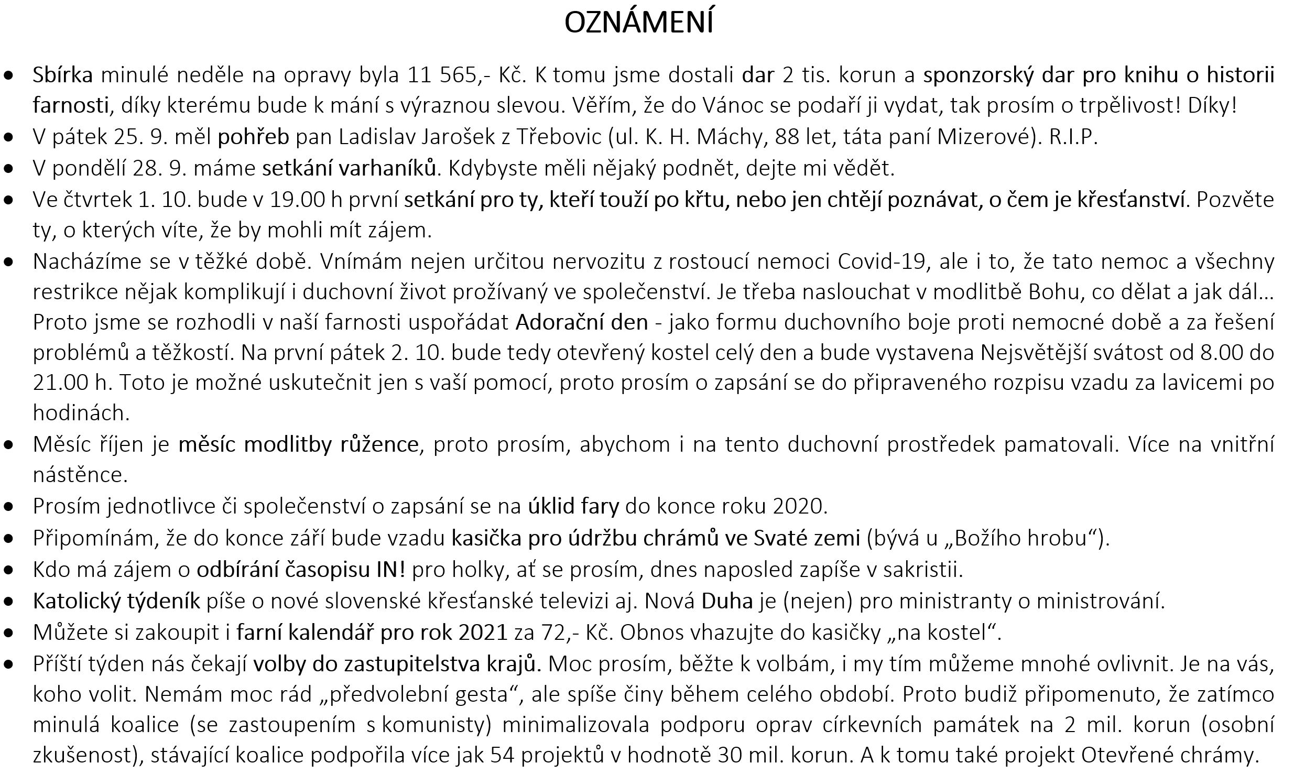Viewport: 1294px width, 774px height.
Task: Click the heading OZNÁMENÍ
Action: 639,23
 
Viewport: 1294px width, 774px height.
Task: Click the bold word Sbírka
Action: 62,75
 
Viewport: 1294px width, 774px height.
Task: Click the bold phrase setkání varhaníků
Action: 349,168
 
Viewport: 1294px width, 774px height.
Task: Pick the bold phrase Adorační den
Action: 582,322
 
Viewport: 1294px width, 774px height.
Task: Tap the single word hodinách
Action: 81,413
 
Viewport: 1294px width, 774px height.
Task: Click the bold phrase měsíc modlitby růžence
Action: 299,444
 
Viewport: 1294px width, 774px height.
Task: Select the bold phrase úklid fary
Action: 573,506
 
